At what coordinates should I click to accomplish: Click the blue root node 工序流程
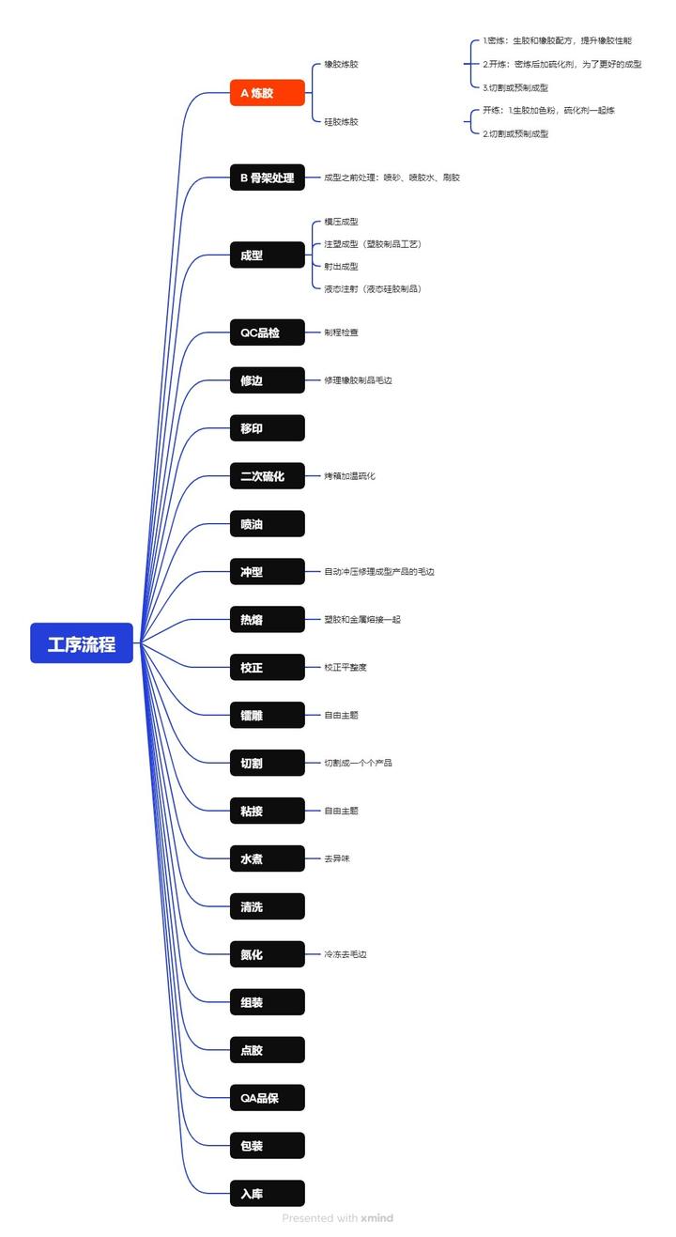(82, 643)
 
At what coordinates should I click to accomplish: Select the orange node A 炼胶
(268, 93)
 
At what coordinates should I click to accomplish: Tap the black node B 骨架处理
(268, 178)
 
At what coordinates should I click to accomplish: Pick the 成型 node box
(268, 255)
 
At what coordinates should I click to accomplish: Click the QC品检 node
(268, 332)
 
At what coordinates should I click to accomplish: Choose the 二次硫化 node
(268, 476)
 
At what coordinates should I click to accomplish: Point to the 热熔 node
(268, 620)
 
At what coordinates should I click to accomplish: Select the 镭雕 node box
(268, 716)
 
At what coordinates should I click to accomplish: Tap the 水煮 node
(268, 858)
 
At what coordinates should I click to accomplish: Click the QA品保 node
(268, 1097)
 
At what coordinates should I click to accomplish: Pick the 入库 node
(268, 1194)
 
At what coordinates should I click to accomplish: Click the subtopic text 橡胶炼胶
(341, 65)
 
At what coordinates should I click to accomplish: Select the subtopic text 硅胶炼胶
(341, 122)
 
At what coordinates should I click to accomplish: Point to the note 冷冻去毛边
(346, 954)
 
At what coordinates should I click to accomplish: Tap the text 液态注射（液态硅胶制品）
(373, 289)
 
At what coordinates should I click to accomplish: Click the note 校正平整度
(346, 668)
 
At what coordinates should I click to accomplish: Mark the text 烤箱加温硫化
(350, 476)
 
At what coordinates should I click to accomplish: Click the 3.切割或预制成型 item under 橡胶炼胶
(515, 88)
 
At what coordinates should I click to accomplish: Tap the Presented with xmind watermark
(338, 1218)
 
